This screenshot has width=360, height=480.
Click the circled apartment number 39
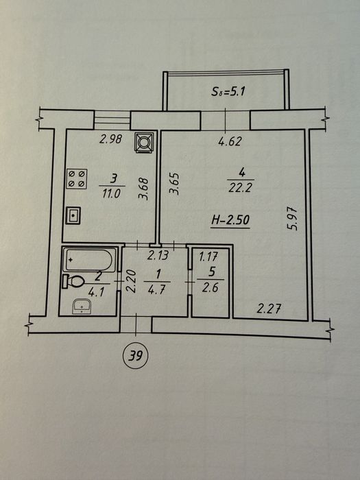coord(135,355)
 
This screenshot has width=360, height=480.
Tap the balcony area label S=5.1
coord(228,91)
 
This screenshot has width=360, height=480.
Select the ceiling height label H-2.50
coord(231,220)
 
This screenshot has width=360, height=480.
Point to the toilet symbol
coord(73,281)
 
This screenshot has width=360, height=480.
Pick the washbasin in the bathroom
coord(82,306)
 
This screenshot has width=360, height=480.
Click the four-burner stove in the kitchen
coord(77,178)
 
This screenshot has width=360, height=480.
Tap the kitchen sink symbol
coord(73,215)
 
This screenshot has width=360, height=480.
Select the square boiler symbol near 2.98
coord(143,142)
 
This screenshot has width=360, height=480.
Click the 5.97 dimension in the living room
coord(293,218)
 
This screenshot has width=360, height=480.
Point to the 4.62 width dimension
coord(230,141)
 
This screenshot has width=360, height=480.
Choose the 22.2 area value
coord(240,187)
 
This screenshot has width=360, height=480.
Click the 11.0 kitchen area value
coord(111,193)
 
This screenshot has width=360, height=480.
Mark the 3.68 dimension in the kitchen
coord(143,189)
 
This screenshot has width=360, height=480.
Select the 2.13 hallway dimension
coord(158,254)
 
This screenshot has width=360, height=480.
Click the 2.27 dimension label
coord(269,309)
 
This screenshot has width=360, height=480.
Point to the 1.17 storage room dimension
coord(208,256)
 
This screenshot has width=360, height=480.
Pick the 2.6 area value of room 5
coord(211,288)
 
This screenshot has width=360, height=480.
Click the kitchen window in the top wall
coord(112,120)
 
